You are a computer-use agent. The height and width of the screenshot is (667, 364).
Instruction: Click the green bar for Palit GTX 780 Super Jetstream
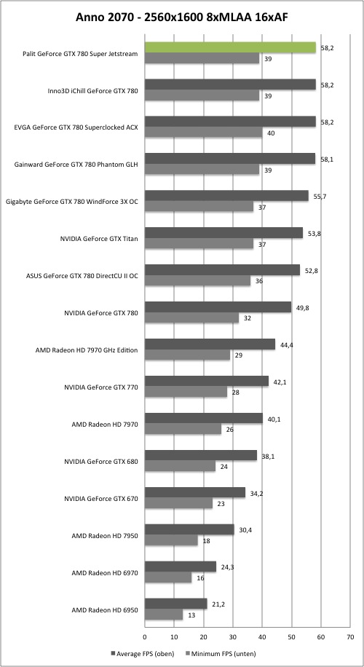(x=231, y=47)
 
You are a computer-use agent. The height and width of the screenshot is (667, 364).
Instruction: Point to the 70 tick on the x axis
(x=350, y=637)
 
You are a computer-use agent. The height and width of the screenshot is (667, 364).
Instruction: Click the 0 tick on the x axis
(x=145, y=637)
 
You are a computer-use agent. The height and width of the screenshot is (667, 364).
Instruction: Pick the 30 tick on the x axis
(x=233, y=637)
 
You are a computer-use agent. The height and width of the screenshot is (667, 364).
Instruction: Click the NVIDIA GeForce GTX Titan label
(x=99, y=239)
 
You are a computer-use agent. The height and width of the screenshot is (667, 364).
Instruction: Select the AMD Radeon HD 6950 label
(x=105, y=610)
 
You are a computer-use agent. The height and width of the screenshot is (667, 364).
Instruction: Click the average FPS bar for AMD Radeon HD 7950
(x=190, y=529)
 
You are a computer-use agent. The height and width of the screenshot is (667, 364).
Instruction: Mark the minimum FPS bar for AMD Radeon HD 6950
(x=164, y=615)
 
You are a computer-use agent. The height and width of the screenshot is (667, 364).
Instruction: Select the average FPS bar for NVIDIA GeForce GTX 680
(x=201, y=455)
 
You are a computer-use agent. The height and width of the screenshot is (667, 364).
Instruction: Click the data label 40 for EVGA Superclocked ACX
(x=271, y=133)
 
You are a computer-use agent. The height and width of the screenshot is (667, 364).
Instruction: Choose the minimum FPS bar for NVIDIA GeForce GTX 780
(x=191, y=317)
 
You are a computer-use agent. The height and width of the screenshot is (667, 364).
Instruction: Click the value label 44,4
(x=286, y=344)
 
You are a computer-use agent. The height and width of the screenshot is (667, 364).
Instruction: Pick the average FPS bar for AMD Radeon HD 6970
(x=181, y=567)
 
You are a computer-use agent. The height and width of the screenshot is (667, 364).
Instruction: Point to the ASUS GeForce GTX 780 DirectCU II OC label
(x=82, y=276)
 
